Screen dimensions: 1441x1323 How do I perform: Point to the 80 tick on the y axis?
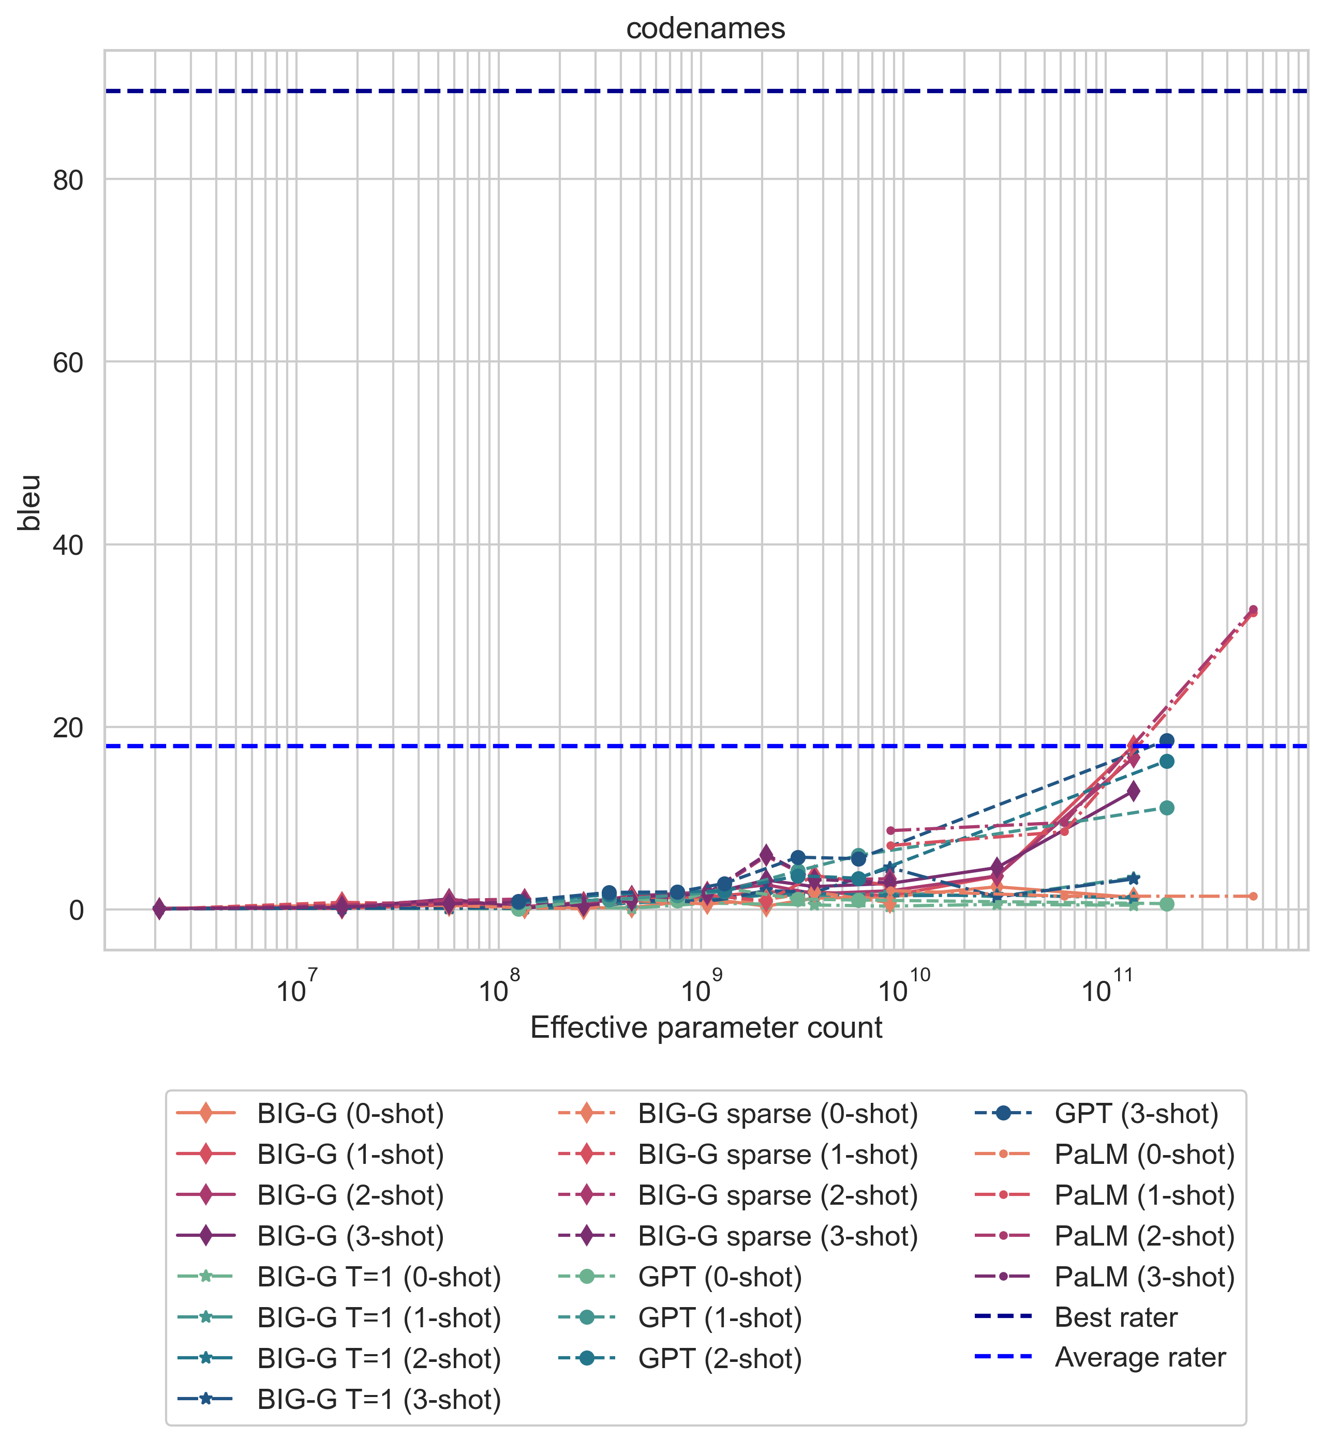click(68, 180)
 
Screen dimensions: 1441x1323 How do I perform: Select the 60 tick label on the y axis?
click(68, 363)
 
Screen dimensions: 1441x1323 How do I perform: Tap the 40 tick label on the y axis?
click(68, 545)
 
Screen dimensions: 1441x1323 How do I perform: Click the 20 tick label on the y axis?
click(68, 727)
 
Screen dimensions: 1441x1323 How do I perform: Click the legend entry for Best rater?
click(1116, 1317)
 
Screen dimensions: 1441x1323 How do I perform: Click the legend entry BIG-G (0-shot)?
click(351, 1114)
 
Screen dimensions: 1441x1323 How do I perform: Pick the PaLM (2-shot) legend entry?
click(1144, 1236)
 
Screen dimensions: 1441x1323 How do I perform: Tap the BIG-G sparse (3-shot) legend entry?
click(778, 1236)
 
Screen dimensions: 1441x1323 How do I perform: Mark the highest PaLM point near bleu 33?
click(1253, 610)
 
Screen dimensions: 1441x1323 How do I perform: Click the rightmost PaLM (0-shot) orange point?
click(1253, 897)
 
